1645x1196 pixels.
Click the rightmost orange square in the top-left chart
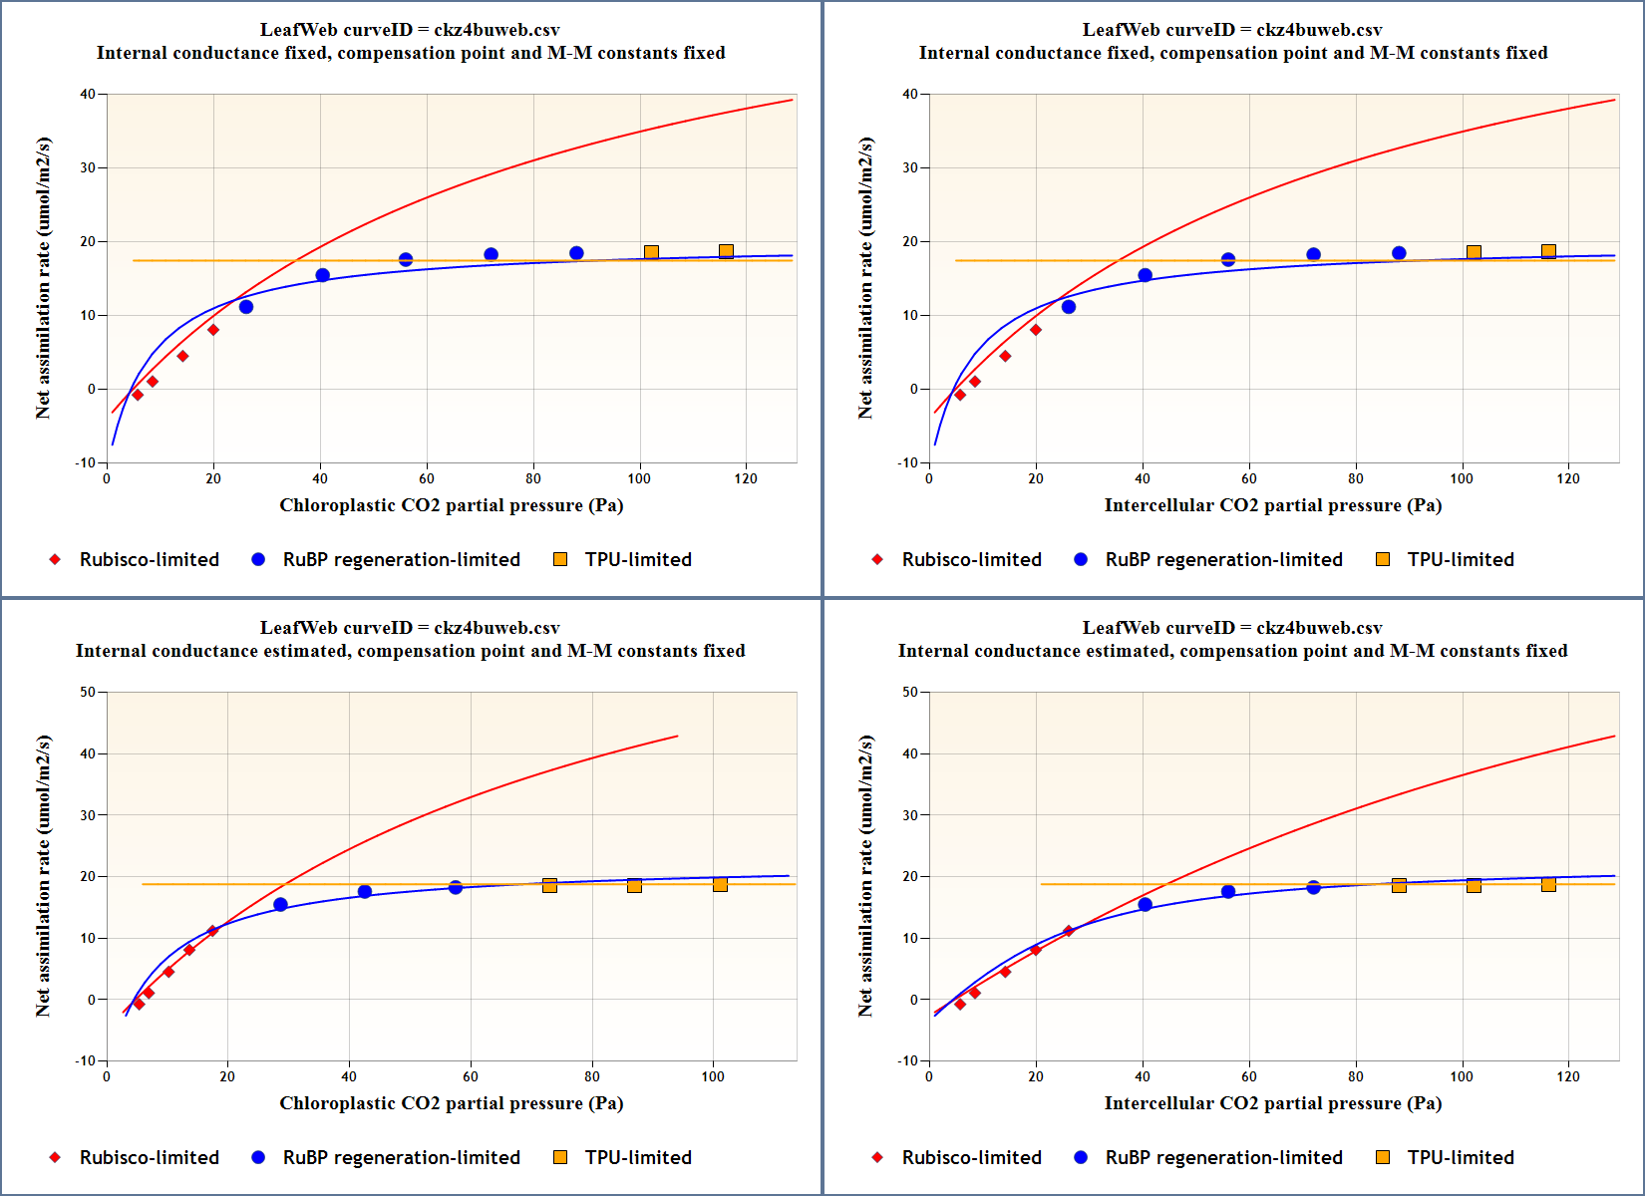[726, 251]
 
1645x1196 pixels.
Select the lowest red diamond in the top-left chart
[138, 396]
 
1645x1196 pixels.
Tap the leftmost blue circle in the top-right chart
[1069, 307]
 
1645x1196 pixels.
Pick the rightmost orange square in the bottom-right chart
[1548, 885]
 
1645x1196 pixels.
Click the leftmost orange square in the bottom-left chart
[549, 885]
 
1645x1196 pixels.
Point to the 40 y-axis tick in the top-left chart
[89, 95]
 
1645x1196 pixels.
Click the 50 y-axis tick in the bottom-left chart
[89, 693]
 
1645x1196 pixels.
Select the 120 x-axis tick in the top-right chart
[1568, 478]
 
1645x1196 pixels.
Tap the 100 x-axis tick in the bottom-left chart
[713, 1076]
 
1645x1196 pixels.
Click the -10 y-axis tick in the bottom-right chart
[907, 1060]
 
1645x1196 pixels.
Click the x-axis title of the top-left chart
[451, 505]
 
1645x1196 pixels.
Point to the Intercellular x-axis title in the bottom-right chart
[1272, 1103]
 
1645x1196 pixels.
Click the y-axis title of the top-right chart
[865, 278]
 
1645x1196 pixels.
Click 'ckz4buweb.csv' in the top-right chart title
[1319, 30]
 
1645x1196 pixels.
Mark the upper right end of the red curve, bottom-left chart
[678, 737]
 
